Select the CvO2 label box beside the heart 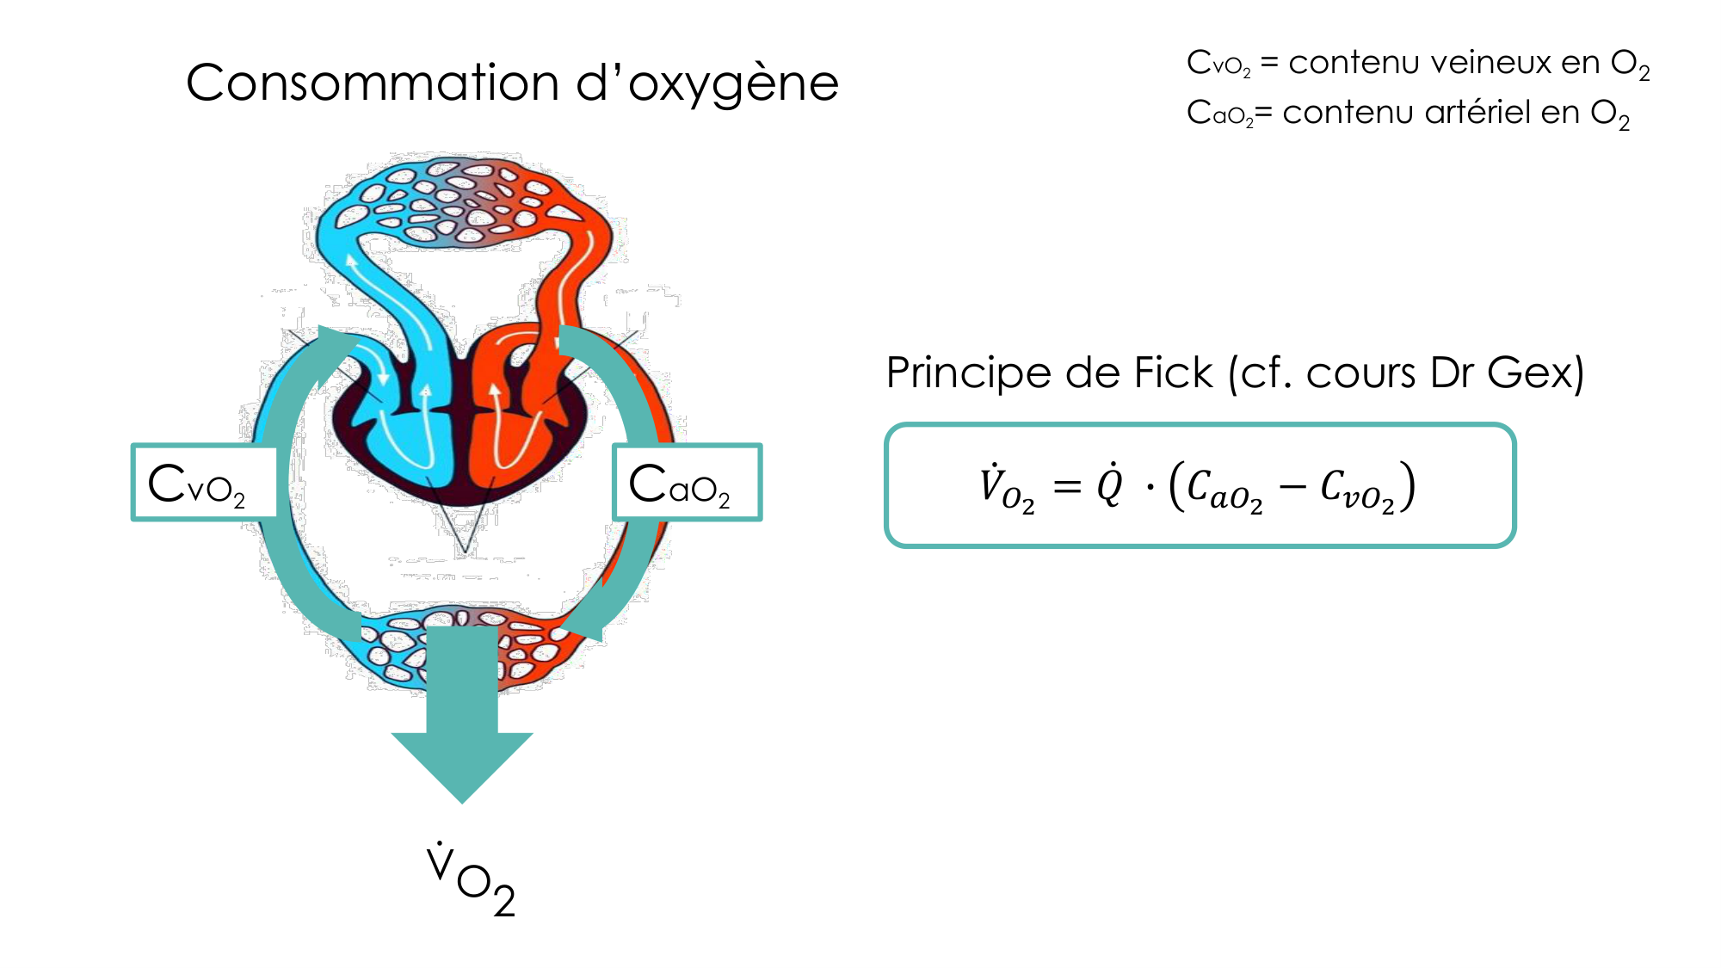point(205,483)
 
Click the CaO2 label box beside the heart point(686,483)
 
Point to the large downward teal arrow point(462,723)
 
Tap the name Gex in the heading point(1533,373)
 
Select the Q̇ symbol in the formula point(1110,485)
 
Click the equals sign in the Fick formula point(1067,487)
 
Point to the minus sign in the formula point(1292,488)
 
